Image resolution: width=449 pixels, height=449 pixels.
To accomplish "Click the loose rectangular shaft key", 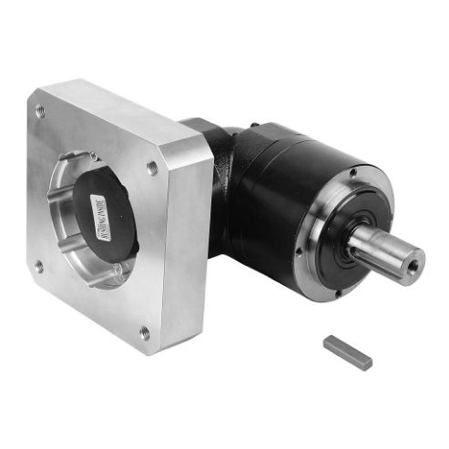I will (x=347, y=350).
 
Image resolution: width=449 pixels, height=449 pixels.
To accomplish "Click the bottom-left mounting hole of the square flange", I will (x=38, y=267).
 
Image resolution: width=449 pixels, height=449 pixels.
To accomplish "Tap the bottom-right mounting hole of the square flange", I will (x=145, y=332).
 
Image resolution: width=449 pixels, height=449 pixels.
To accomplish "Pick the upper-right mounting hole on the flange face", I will (x=151, y=168).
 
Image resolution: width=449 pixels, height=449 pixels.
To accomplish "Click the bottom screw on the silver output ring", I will (x=338, y=292).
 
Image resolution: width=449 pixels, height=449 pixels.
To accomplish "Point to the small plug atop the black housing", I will (x=255, y=131).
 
